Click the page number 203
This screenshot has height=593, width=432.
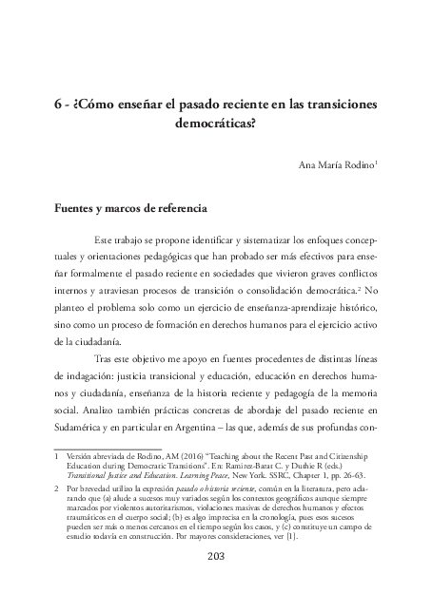(x=216, y=556)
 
